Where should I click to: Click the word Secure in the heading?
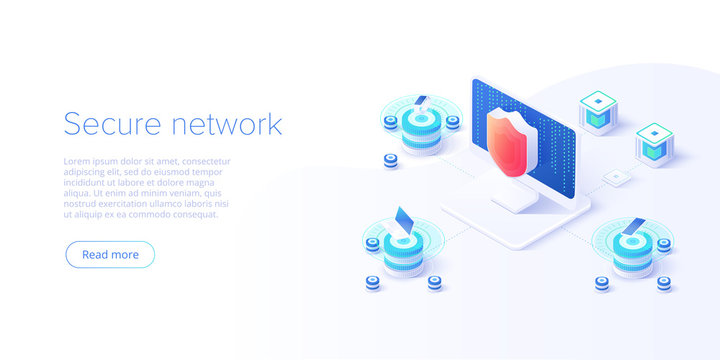(112, 124)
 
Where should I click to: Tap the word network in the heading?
(227, 124)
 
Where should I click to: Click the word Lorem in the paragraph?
(74, 162)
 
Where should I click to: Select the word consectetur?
(206, 162)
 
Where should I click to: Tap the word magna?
(202, 183)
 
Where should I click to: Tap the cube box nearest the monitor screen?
(598, 112)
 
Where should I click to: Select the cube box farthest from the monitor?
(654, 145)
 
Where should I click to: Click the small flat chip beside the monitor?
(617, 178)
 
